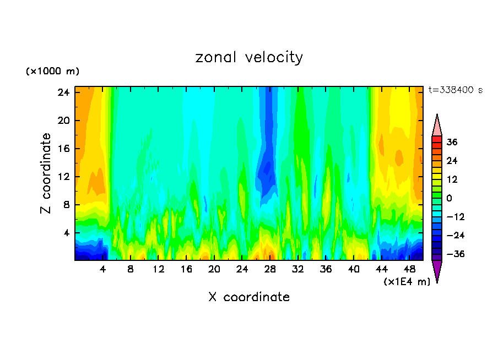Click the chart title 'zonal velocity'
click(x=249, y=57)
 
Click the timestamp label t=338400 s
click(x=455, y=90)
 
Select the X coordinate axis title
click(x=249, y=297)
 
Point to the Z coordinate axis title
click(x=46, y=173)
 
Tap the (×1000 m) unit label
click(x=52, y=72)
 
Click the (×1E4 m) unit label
click(x=407, y=282)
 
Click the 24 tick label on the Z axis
click(x=62, y=92)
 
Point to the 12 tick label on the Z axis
click(x=62, y=177)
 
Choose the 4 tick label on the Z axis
click(x=65, y=233)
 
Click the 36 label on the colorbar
click(x=452, y=142)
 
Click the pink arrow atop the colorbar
click(x=437, y=126)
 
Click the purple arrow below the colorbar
click(x=437, y=270)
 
